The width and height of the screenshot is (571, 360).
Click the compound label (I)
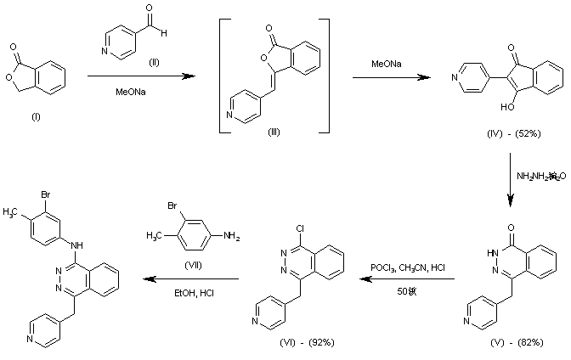(19, 110)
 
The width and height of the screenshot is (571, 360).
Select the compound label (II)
(130, 61)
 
